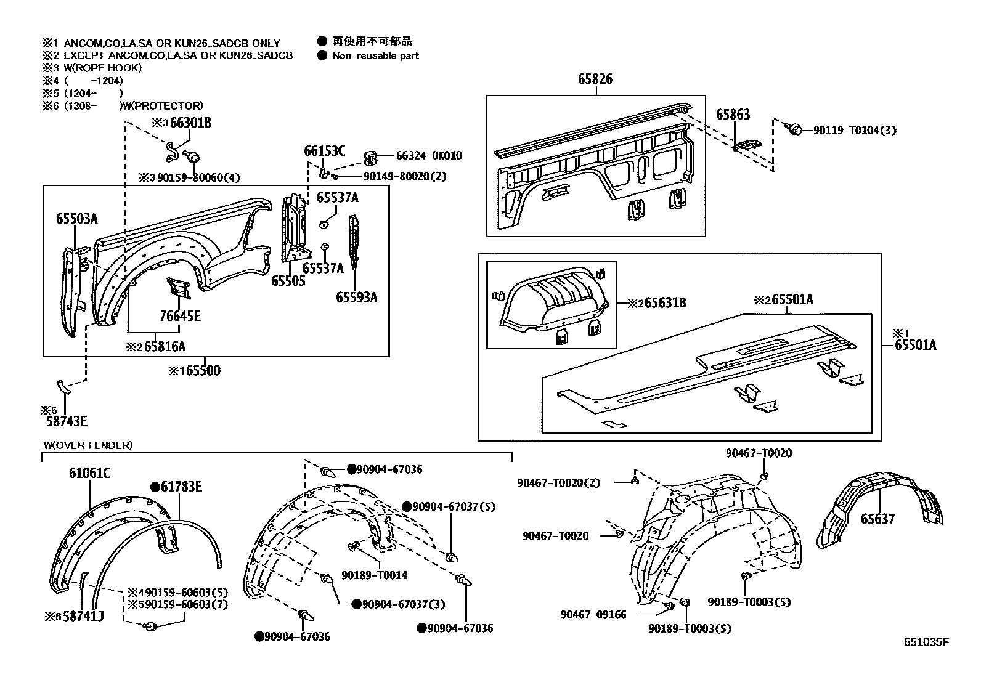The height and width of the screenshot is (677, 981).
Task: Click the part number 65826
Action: [595, 79]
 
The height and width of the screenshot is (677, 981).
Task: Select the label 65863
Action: [733, 115]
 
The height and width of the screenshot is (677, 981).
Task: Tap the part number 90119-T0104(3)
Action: [855, 130]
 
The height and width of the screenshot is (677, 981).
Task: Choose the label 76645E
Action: [180, 317]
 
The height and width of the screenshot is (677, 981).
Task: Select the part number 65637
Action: [877, 519]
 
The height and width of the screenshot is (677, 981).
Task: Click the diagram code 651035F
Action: [926, 642]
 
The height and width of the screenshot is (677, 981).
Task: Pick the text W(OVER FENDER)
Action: [88, 445]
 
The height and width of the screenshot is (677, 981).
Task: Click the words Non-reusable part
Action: [375, 55]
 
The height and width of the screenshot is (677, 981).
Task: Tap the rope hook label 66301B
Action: [190, 123]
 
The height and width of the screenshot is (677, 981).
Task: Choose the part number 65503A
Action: [76, 219]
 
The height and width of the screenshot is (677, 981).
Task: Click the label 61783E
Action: [181, 487]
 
